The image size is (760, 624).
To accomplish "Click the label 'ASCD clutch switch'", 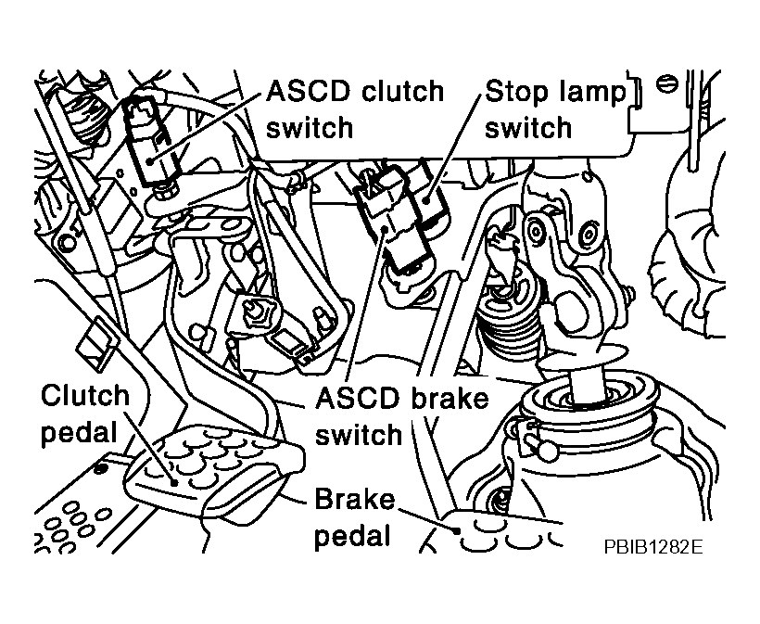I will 355,109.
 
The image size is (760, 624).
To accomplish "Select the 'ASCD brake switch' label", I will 401,415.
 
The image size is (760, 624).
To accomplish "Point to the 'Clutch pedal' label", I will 85,414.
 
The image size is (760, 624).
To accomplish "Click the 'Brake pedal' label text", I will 354,518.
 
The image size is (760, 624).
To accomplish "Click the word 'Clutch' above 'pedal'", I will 85,396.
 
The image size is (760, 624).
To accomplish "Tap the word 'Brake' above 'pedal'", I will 354,500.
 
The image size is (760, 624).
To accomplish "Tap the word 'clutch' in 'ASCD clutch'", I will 400,92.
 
